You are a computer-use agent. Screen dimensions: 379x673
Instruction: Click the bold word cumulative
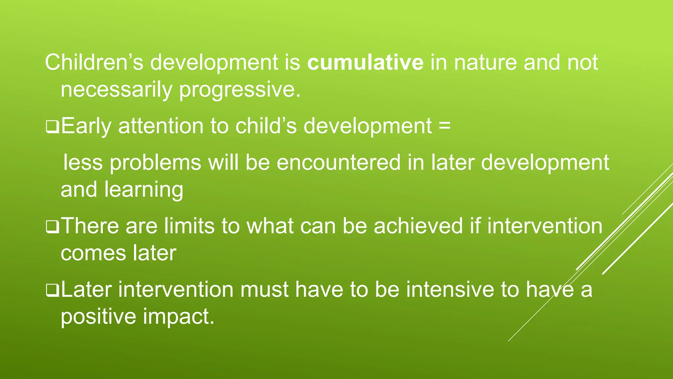[365, 63]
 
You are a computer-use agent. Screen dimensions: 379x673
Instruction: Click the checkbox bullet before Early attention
[52, 127]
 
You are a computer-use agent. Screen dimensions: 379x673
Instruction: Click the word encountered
[338, 163]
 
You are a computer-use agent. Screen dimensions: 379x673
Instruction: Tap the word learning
[144, 190]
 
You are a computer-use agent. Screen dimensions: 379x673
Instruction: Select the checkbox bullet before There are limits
[52, 227]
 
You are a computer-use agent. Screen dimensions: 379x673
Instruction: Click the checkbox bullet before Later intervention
[52, 291]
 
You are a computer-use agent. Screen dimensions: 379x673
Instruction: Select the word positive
[98, 317]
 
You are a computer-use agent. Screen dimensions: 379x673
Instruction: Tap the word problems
[155, 163]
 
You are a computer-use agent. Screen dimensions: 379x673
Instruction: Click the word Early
[86, 127]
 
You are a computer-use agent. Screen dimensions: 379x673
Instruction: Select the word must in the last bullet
[264, 290]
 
